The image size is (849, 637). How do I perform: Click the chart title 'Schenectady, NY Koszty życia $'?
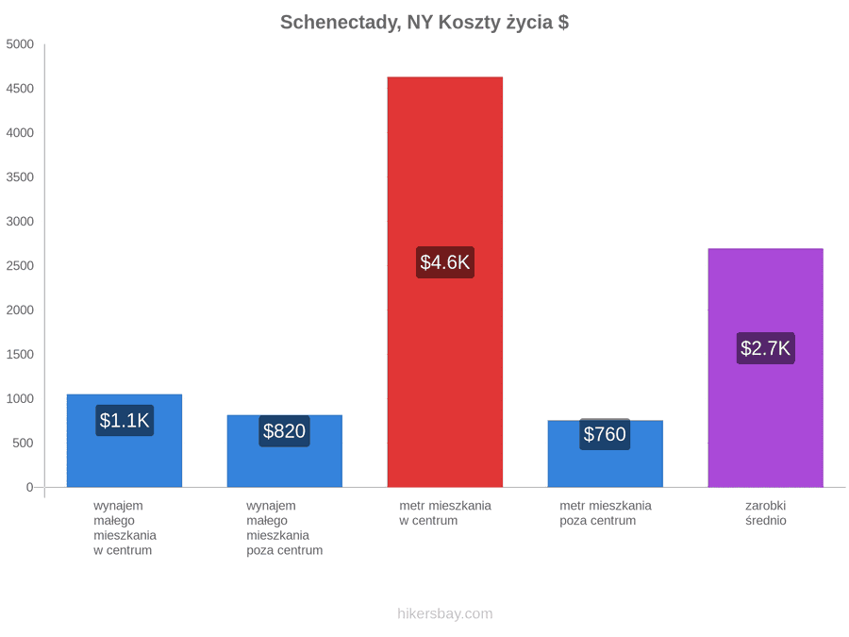424,23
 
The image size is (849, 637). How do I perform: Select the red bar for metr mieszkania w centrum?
445,281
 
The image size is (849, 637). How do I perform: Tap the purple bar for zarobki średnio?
766,368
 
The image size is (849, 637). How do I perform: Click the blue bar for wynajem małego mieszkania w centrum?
125,441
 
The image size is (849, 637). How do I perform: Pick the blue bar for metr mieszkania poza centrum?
606,453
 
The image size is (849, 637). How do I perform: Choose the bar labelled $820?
285,451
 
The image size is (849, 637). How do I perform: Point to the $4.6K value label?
445,262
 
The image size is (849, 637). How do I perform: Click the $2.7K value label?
766,347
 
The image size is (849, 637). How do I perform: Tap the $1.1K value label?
125,420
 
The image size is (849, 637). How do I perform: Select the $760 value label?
605,434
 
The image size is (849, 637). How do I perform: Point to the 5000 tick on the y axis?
20,43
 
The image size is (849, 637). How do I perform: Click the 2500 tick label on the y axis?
20,265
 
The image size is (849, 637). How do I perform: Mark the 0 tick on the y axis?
30,487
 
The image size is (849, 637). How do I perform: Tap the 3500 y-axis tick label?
20,177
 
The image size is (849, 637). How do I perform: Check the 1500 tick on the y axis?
20,354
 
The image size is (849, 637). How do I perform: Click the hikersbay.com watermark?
445,613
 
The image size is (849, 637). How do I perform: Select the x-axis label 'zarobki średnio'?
766,513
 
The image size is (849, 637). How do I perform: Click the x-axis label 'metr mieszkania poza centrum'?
606,513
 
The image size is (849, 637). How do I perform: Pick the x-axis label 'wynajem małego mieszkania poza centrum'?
284,528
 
